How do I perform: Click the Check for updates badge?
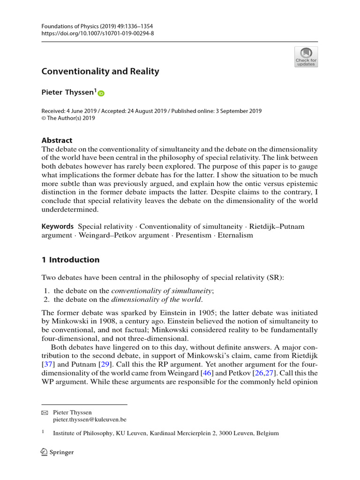(306, 57)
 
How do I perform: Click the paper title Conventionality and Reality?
(100, 72)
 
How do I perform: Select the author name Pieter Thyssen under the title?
(68, 93)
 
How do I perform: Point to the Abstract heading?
(57, 140)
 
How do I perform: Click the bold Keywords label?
(58, 226)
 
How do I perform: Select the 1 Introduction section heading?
(70, 260)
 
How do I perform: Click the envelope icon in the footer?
(45, 412)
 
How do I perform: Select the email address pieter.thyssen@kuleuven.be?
(90, 420)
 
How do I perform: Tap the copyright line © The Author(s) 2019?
(68, 119)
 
